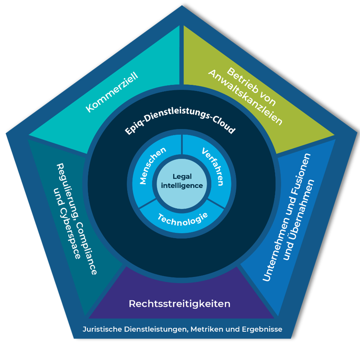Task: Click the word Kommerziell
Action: [112, 92]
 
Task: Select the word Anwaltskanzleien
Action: [245, 98]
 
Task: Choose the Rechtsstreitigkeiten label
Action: [180, 304]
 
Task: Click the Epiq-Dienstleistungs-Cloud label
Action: [180, 121]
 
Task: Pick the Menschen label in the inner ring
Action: [152, 165]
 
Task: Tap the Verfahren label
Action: [213, 166]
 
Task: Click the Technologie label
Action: [183, 220]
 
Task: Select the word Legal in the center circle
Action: [182, 177]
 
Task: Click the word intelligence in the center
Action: [182, 186]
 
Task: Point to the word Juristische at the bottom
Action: [102, 329]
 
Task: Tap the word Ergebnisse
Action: [262, 329]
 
